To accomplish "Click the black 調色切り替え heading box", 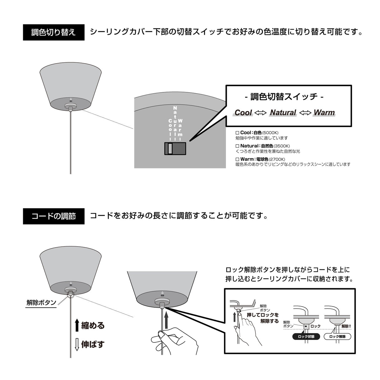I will pos(54,32).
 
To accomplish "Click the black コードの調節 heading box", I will pos(54,216).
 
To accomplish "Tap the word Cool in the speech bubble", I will pos(243,113).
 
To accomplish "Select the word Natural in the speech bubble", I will pos(283,113).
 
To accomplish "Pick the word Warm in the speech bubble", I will pos(324,113).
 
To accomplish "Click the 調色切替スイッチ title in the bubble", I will pos(284,97).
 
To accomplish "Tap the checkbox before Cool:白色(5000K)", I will pos(237,133).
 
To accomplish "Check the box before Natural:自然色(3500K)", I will pos(237,146).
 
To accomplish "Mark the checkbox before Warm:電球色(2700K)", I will pos(237,159).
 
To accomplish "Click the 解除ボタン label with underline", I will pos(41,303).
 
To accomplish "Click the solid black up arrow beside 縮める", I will pos(77,326).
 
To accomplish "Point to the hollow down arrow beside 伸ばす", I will pos(77,344).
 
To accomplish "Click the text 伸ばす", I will pos(93,344).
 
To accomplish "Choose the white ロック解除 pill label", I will pos(337,337).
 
